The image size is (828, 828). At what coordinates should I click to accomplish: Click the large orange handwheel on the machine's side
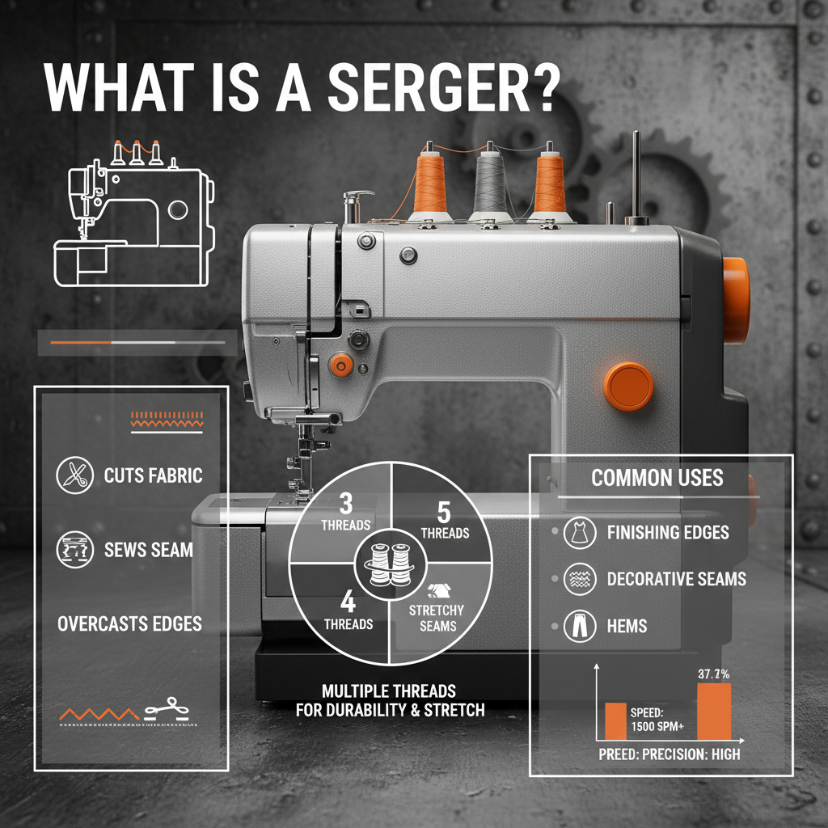(x=734, y=288)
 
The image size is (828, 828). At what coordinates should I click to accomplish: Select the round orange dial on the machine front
(x=628, y=386)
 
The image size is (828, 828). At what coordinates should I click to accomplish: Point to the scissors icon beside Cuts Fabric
(x=74, y=475)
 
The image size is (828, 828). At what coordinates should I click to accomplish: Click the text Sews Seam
(x=149, y=551)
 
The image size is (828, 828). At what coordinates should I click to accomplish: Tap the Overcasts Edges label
(x=129, y=624)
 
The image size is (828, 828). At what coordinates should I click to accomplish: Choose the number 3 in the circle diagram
(x=346, y=505)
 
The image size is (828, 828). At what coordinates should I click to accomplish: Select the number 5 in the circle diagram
(x=443, y=511)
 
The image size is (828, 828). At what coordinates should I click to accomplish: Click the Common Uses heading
(x=657, y=478)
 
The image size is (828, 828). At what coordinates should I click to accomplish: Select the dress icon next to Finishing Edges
(x=579, y=533)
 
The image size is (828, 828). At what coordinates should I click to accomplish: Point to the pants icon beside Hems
(x=579, y=626)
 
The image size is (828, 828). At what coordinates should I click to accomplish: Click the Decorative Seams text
(x=676, y=580)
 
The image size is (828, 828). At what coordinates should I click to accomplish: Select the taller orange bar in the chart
(x=713, y=712)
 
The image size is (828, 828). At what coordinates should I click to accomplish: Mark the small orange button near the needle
(x=340, y=366)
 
